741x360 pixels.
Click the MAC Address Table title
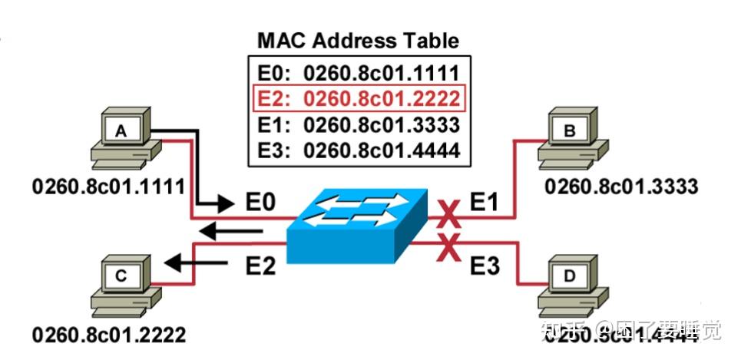(x=359, y=41)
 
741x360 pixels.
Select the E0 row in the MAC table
(x=359, y=74)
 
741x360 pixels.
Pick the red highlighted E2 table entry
(x=359, y=99)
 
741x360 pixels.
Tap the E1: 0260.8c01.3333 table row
(x=359, y=124)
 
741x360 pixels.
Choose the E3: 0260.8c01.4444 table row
(x=359, y=150)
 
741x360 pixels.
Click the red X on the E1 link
(x=449, y=215)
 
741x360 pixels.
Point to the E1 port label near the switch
(x=485, y=203)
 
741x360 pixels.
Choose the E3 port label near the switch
(x=484, y=266)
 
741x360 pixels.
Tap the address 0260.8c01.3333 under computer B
(x=620, y=186)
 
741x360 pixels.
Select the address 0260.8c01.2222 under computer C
(x=108, y=335)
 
